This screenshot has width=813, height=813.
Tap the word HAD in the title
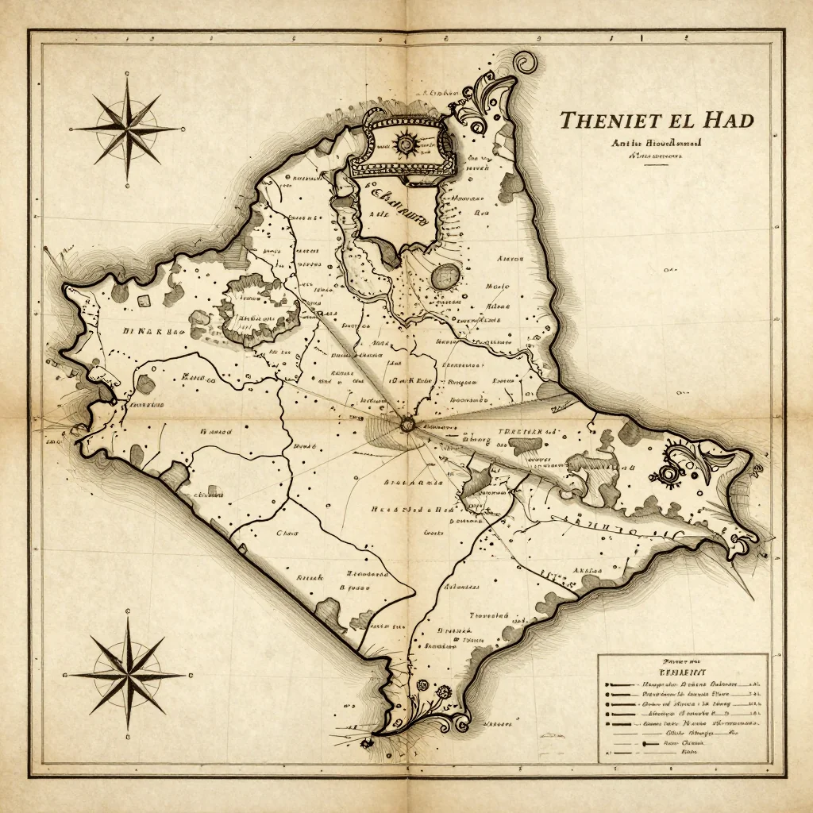point(727,121)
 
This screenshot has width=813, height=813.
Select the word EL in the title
point(680,121)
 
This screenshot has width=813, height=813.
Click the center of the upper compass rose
point(127,127)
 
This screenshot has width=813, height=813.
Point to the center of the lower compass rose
point(127,676)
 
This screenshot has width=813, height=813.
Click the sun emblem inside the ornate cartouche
point(406,144)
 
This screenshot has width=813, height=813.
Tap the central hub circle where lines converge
point(407,426)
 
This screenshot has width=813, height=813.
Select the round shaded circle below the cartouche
point(445,276)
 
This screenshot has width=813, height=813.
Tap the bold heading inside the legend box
point(682,672)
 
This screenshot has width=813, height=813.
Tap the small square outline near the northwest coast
point(143,301)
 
